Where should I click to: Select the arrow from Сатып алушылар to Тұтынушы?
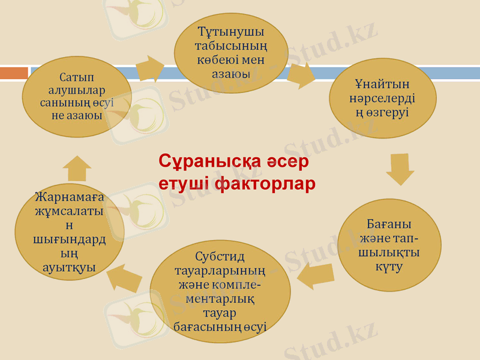pos(150,68)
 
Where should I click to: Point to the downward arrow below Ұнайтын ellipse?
pos(400,169)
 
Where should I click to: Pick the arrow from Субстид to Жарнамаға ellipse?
pos(124,277)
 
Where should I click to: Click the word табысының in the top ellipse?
pos(231,46)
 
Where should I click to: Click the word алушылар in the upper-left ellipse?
pos(77,91)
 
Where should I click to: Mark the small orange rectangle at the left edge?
pos(14,73)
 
